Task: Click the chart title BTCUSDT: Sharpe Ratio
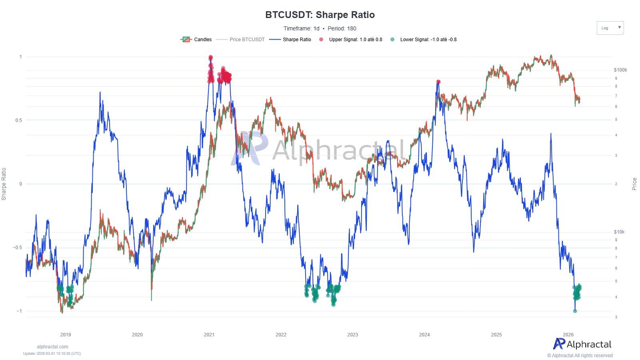pyautogui.click(x=320, y=15)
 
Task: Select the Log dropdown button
pyautogui.click(x=610, y=28)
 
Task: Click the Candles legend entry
pyautogui.click(x=197, y=40)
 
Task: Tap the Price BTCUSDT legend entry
pyautogui.click(x=241, y=40)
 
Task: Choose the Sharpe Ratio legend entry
pyautogui.click(x=290, y=40)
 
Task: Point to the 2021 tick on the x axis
pyautogui.click(x=209, y=335)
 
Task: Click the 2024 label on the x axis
pyautogui.click(x=424, y=335)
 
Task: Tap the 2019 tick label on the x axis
pyautogui.click(x=65, y=335)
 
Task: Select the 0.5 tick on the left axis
pyautogui.click(x=18, y=120)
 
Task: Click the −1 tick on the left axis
pyautogui.click(x=19, y=311)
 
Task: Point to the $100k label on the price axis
pyautogui.click(x=620, y=70)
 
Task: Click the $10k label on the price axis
pyautogui.click(x=619, y=232)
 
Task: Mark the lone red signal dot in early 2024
pyautogui.click(x=438, y=82)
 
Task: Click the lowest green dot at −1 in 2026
pyautogui.click(x=575, y=311)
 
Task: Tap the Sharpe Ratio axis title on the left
pyautogui.click(x=4, y=184)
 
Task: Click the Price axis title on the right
pyautogui.click(x=634, y=184)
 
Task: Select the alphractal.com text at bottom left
pyautogui.click(x=52, y=347)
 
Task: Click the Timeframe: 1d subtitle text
pyautogui.click(x=301, y=28)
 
